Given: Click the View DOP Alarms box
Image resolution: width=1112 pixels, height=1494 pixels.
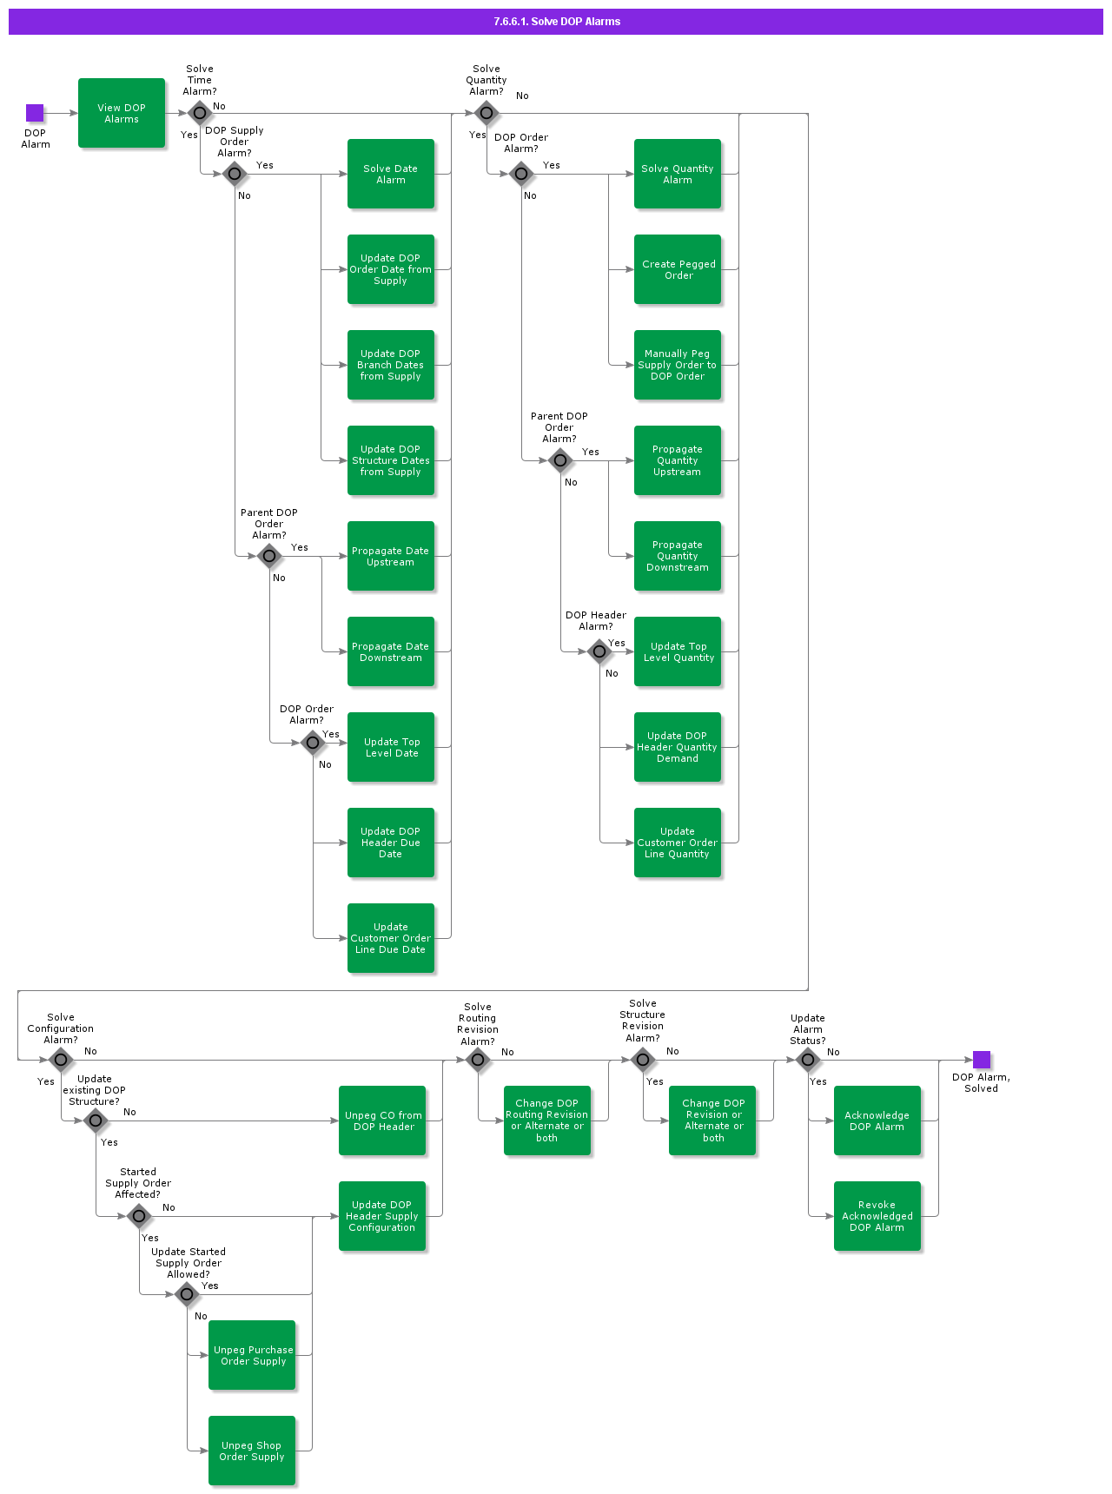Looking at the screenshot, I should pos(122,113).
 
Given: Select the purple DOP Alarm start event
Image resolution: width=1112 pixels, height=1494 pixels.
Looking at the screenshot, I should pos(35,113).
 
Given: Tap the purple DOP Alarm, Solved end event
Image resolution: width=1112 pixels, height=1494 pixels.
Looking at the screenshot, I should pos(982,1060).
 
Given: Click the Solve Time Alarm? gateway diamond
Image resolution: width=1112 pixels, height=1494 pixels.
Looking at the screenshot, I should pos(200,113).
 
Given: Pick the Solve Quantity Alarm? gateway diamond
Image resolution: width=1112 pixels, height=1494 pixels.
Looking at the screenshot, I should pos(486,113).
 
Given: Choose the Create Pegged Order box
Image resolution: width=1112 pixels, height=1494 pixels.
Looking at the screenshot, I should pos(678,269).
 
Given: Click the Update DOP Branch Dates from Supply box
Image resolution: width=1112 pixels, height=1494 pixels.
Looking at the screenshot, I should pos(391,365).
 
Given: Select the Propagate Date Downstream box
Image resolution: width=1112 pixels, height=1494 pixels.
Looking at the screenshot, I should pos(391,651).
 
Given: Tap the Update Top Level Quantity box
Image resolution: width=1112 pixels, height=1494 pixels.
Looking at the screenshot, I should pos(678,651).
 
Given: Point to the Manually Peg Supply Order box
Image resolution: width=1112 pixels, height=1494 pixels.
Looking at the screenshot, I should pos(678,365).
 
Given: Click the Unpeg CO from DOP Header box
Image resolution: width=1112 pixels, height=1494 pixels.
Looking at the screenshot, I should pos(382,1120).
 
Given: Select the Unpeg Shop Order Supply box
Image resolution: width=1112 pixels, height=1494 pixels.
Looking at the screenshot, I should pos(252,1451).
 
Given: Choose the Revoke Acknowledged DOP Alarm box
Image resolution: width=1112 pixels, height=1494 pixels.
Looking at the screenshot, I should pos(877,1216).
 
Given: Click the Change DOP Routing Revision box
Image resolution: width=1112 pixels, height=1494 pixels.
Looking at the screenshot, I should pos(547,1120).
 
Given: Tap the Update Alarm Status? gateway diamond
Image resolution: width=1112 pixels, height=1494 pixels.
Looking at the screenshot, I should pos(808,1060).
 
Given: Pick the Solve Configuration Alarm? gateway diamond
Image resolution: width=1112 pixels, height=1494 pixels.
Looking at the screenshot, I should pos(61,1060).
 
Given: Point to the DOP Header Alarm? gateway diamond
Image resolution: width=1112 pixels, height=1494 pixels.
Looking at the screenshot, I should pos(599,651).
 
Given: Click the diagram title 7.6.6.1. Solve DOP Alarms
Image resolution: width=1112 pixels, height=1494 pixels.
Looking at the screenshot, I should pos(556,22).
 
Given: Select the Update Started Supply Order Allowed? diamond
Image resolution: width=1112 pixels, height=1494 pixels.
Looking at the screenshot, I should pos(187,1294).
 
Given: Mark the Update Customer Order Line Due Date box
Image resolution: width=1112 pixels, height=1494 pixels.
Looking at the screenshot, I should pos(391,938).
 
